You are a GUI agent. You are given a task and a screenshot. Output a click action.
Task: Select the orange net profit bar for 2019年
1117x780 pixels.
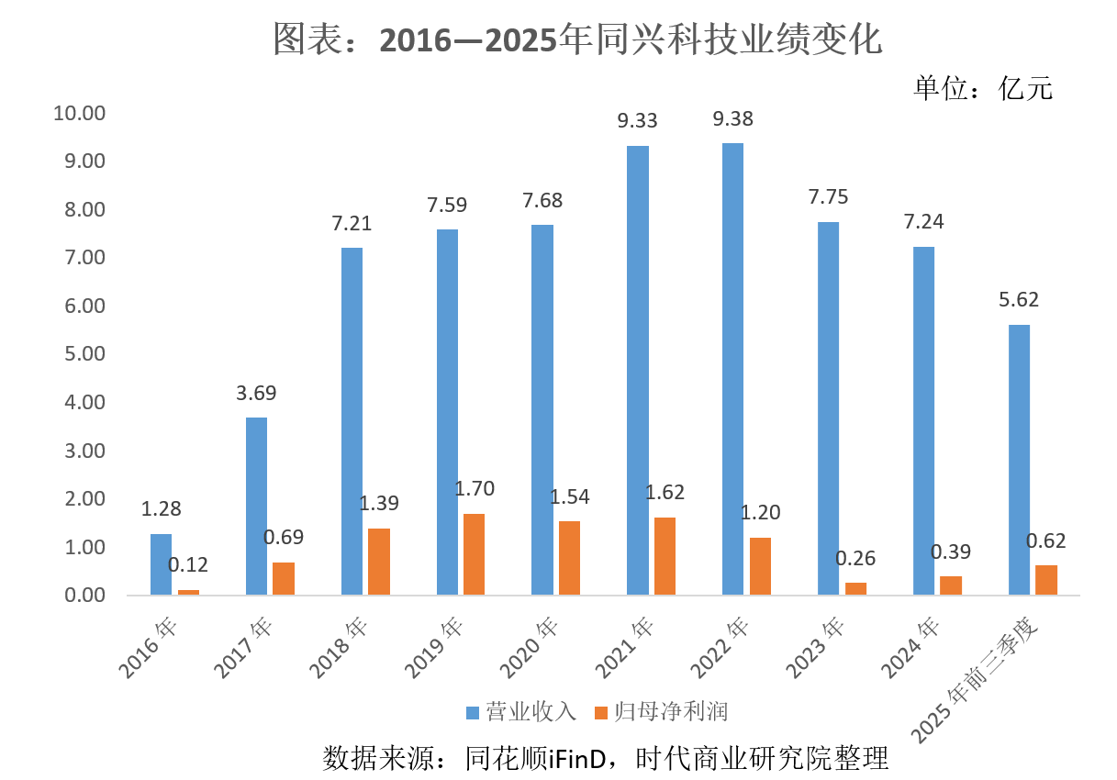click(474, 554)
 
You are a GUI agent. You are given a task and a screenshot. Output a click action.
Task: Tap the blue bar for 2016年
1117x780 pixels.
click(161, 564)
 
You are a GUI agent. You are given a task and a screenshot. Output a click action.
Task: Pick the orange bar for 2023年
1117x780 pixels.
click(855, 588)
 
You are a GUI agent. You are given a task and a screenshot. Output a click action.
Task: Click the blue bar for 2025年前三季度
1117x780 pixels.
click(1019, 460)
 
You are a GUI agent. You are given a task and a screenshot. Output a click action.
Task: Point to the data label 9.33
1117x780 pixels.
click(638, 120)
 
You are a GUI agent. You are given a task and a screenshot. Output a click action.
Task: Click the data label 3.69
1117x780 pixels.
click(257, 393)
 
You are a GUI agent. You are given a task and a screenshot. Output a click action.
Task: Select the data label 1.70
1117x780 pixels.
click(475, 488)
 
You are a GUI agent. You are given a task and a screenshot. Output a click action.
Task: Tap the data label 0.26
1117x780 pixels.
click(856, 557)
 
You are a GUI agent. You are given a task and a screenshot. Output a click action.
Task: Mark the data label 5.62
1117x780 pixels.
click(1020, 299)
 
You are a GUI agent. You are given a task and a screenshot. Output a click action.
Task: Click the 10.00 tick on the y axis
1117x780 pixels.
click(81, 113)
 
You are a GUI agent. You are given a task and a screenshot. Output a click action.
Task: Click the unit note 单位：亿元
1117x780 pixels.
click(983, 87)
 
